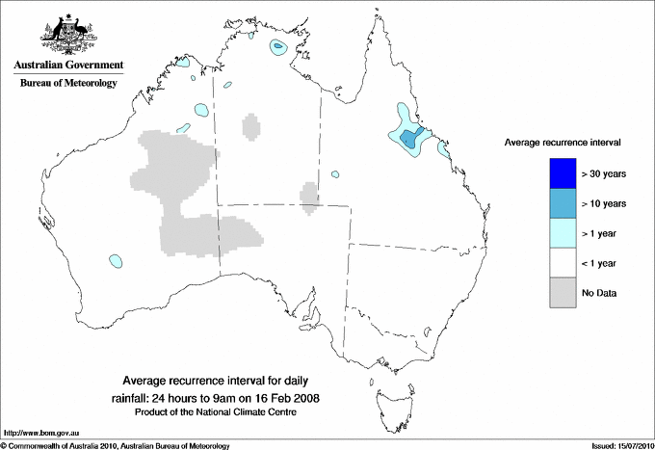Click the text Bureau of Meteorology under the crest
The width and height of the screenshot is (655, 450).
(x=68, y=84)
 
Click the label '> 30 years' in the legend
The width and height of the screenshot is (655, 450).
(x=604, y=174)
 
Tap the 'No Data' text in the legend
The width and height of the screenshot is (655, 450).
(x=598, y=293)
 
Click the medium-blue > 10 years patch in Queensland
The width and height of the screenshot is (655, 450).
(x=411, y=139)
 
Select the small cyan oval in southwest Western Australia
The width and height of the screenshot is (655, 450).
(x=117, y=260)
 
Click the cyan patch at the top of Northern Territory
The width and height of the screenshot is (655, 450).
(x=280, y=46)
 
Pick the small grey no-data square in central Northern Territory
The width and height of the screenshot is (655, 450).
(x=250, y=126)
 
